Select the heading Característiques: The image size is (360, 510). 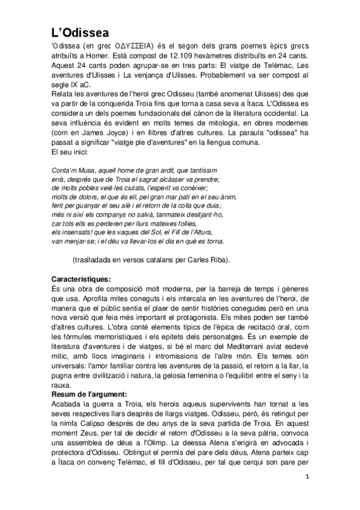click(x=82, y=280)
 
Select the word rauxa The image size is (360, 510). click(x=63, y=385)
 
